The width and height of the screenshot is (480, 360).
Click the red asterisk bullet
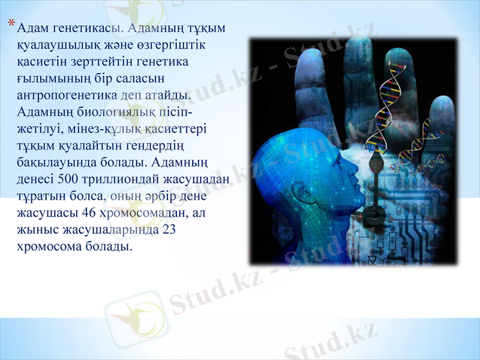point(13,25)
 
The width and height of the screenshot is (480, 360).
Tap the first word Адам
point(31,28)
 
